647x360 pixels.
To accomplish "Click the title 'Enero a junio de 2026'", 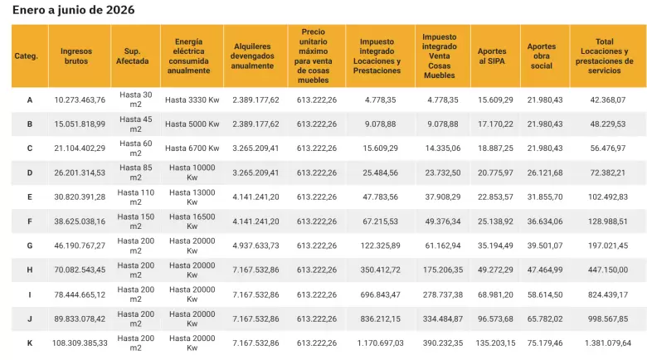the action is click(x=74, y=10).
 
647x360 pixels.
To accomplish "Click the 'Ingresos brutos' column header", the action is click(x=76, y=56).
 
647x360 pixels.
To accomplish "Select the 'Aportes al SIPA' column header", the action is click(x=492, y=56).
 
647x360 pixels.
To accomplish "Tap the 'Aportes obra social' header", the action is click(x=542, y=56).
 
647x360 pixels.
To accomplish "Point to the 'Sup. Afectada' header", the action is click(x=132, y=56).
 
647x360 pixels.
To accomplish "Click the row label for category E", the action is click(x=30, y=197).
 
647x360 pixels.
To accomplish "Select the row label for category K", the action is click(x=30, y=343).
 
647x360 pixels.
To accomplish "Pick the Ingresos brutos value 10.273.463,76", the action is click(x=80, y=100).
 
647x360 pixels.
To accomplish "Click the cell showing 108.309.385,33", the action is click(x=80, y=343).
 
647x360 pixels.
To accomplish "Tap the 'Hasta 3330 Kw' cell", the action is click(x=192, y=100).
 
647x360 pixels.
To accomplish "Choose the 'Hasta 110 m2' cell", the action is click(x=136, y=197).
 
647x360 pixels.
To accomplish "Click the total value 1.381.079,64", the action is click(x=608, y=343).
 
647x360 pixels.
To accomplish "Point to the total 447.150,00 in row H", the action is click(x=608, y=270).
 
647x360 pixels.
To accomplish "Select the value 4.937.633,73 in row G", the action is click(x=255, y=246).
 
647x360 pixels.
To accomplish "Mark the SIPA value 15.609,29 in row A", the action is click(x=495, y=100).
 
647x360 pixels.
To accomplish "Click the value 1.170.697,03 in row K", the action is click(x=381, y=343).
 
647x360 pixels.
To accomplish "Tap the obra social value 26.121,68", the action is click(x=545, y=173).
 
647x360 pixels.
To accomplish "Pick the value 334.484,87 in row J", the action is click(x=443, y=319).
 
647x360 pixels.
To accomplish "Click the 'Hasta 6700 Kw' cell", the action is click(x=192, y=148).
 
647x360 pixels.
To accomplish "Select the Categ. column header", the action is click(x=26, y=56).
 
